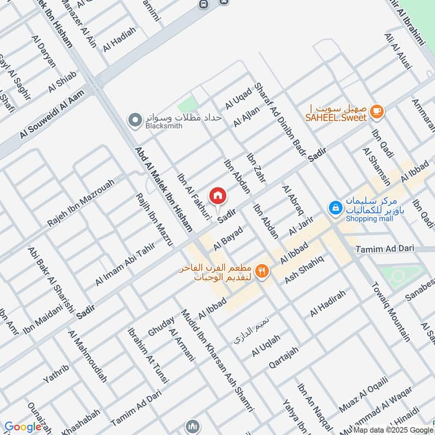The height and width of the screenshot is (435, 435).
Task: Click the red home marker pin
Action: click(x=217, y=195)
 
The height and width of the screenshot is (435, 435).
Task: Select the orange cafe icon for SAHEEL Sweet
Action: click(x=376, y=111)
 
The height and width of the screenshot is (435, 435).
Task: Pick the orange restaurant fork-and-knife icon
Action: click(x=262, y=270)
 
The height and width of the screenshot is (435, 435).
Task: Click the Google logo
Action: click(x=23, y=427)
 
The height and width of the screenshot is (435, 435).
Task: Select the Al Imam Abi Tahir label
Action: click(x=125, y=264)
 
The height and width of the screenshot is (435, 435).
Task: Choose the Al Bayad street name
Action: click(x=228, y=238)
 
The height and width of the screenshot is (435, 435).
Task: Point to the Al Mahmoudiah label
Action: click(x=88, y=356)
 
